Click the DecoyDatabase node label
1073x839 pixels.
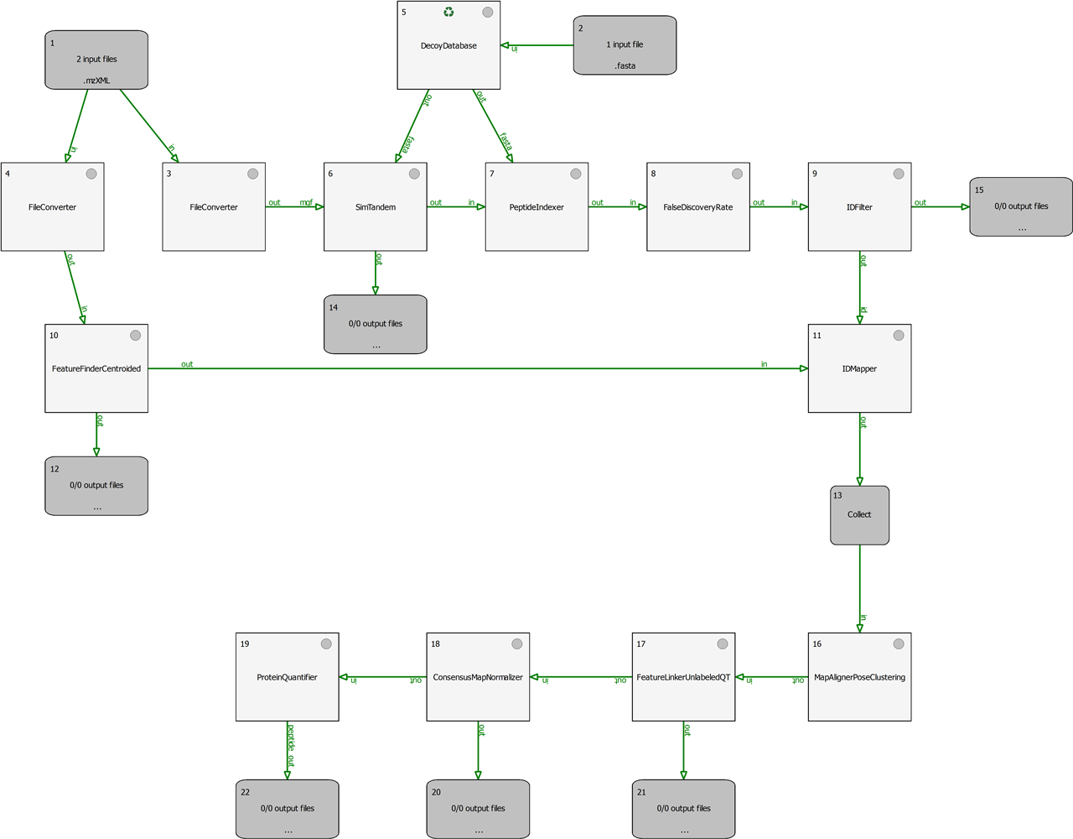[x=448, y=46]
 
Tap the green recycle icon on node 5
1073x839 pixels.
[x=448, y=12]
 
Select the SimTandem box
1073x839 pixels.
[x=376, y=207]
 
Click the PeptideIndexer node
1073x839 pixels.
[x=536, y=207]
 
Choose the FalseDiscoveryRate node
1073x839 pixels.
[x=697, y=207]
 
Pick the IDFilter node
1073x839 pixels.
[x=859, y=207]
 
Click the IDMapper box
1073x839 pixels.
[x=859, y=368]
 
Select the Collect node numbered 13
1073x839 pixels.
[x=859, y=515]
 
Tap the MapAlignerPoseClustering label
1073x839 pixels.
[x=859, y=677]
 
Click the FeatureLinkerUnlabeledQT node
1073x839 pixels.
[x=683, y=677]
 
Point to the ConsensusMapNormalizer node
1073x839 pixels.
[x=478, y=677]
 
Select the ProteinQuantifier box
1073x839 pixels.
[x=287, y=677]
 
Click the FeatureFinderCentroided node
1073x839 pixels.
[x=96, y=368]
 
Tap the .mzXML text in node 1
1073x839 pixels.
[x=96, y=81]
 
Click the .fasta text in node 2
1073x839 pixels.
[x=625, y=65]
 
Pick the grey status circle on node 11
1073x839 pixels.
[x=899, y=336]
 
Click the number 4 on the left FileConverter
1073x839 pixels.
[x=8, y=174]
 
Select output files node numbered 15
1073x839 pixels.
[x=1021, y=206]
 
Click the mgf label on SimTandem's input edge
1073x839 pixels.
[x=306, y=202]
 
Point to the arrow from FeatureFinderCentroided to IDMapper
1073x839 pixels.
[x=478, y=368]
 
